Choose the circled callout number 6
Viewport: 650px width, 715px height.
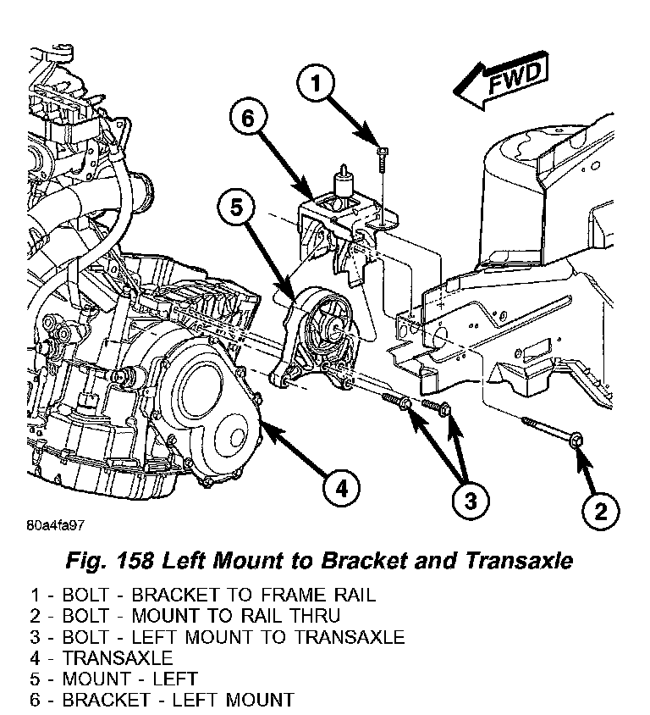pos(247,119)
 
